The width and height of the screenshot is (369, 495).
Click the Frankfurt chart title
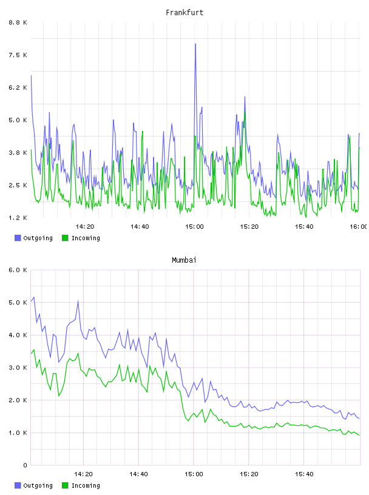[184, 13]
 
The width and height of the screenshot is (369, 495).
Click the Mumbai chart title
[184, 260]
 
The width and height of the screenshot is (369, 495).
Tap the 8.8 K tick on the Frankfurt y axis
[18, 22]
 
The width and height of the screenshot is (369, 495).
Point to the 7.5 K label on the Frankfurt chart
[18, 55]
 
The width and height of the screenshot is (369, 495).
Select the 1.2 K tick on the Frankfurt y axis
[18, 218]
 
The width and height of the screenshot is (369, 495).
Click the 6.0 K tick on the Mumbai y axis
[18, 270]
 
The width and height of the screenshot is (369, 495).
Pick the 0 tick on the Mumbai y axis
[25, 465]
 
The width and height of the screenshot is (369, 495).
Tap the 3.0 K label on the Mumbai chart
[18, 368]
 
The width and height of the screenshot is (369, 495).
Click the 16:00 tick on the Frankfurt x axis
[359, 227]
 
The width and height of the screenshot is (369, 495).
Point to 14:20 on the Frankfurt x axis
[85, 227]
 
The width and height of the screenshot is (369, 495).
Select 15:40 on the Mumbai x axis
[304, 474]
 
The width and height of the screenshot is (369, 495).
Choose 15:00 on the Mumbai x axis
[194, 474]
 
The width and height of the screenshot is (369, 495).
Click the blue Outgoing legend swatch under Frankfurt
[18, 238]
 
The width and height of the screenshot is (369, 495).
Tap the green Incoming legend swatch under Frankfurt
[65, 238]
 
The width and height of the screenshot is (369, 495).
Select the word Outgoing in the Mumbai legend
[38, 485]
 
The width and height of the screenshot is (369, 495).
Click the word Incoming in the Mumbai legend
[86, 485]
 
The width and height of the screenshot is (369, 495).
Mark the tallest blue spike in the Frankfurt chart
[195, 44]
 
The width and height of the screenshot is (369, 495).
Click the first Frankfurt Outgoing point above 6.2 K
[32, 76]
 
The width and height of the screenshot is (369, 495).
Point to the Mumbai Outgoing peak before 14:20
[78, 301]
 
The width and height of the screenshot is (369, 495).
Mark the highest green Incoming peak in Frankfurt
[245, 112]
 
